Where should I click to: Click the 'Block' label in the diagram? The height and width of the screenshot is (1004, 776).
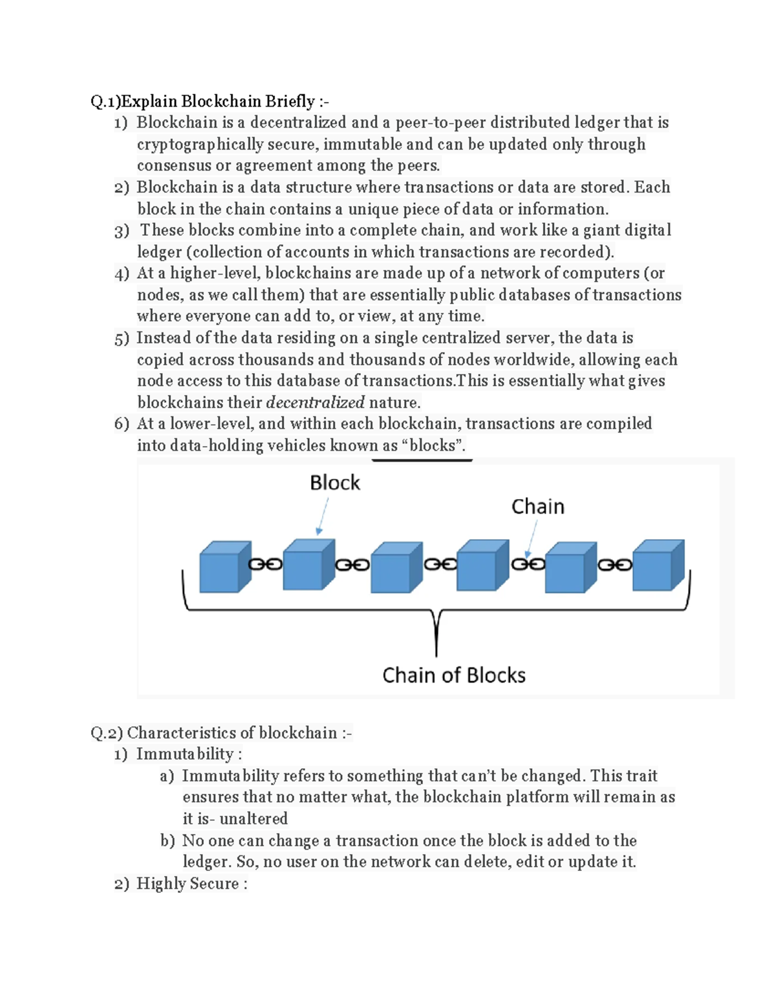pyautogui.click(x=334, y=483)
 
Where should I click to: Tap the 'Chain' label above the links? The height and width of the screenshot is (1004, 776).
pyautogui.click(x=537, y=507)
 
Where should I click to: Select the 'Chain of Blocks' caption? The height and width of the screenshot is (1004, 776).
pyautogui.click(x=453, y=676)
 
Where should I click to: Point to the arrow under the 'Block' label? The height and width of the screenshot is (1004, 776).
pyautogui.click(x=323, y=516)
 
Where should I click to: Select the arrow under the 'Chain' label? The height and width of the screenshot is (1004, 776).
pyautogui.click(x=532, y=538)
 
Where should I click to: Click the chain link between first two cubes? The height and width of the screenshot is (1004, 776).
pyautogui.click(x=266, y=564)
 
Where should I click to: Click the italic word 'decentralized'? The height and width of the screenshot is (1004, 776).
pyautogui.click(x=316, y=403)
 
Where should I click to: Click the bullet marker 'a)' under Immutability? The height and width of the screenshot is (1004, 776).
pyautogui.click(x=167, y=776)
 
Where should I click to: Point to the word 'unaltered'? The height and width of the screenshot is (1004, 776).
pyautogui.click(x=253, y=819)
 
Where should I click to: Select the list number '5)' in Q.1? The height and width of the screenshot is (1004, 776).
pyautogui.click(x=122, y=338)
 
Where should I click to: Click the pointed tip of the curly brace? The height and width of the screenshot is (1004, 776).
pyautogui.click(x=436, y=653)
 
